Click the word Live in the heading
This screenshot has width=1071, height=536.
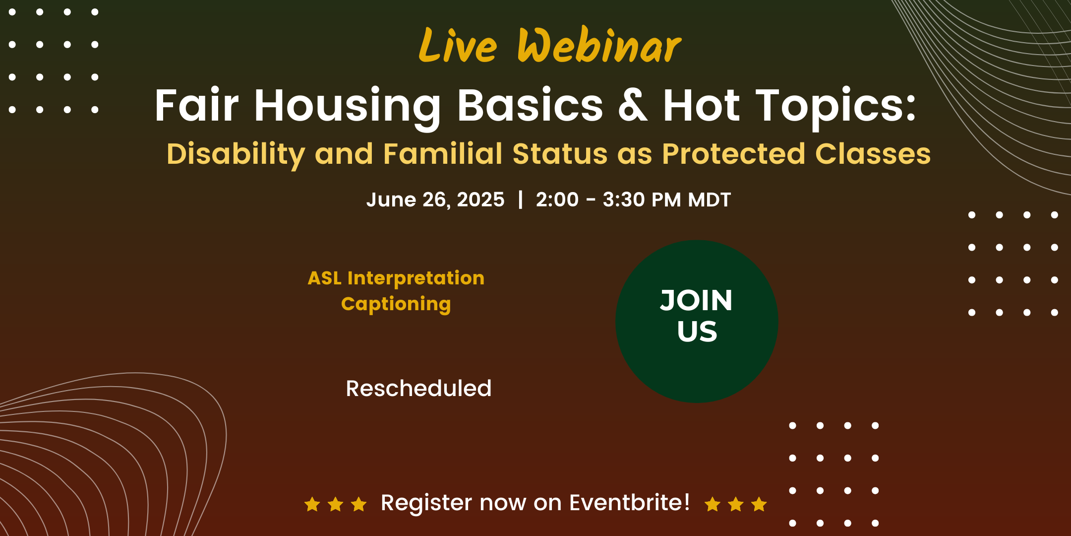(x=458, y=45)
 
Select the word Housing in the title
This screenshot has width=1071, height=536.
(x=348, y=107)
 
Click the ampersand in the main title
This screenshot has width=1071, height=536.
(x=633, y=105)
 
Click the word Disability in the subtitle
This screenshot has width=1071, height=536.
(x=236, y=154)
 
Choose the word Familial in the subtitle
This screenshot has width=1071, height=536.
(x=443, y=153)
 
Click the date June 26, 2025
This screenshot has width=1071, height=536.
(x=435, y=200)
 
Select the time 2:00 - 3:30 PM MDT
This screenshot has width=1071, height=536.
(x=633, y=200)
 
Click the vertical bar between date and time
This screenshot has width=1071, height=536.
(x=520, y=200)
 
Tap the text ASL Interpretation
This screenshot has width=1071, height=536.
(x=396, y=278)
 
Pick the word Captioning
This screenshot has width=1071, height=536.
(x=396, y=304)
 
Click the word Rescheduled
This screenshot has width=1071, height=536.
(x=418, y=389)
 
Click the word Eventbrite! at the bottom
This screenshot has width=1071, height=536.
(x=629, y=502)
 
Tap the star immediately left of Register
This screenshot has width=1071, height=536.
(x=358, y=504)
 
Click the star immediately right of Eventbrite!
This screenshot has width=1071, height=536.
(x=713, y=504)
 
